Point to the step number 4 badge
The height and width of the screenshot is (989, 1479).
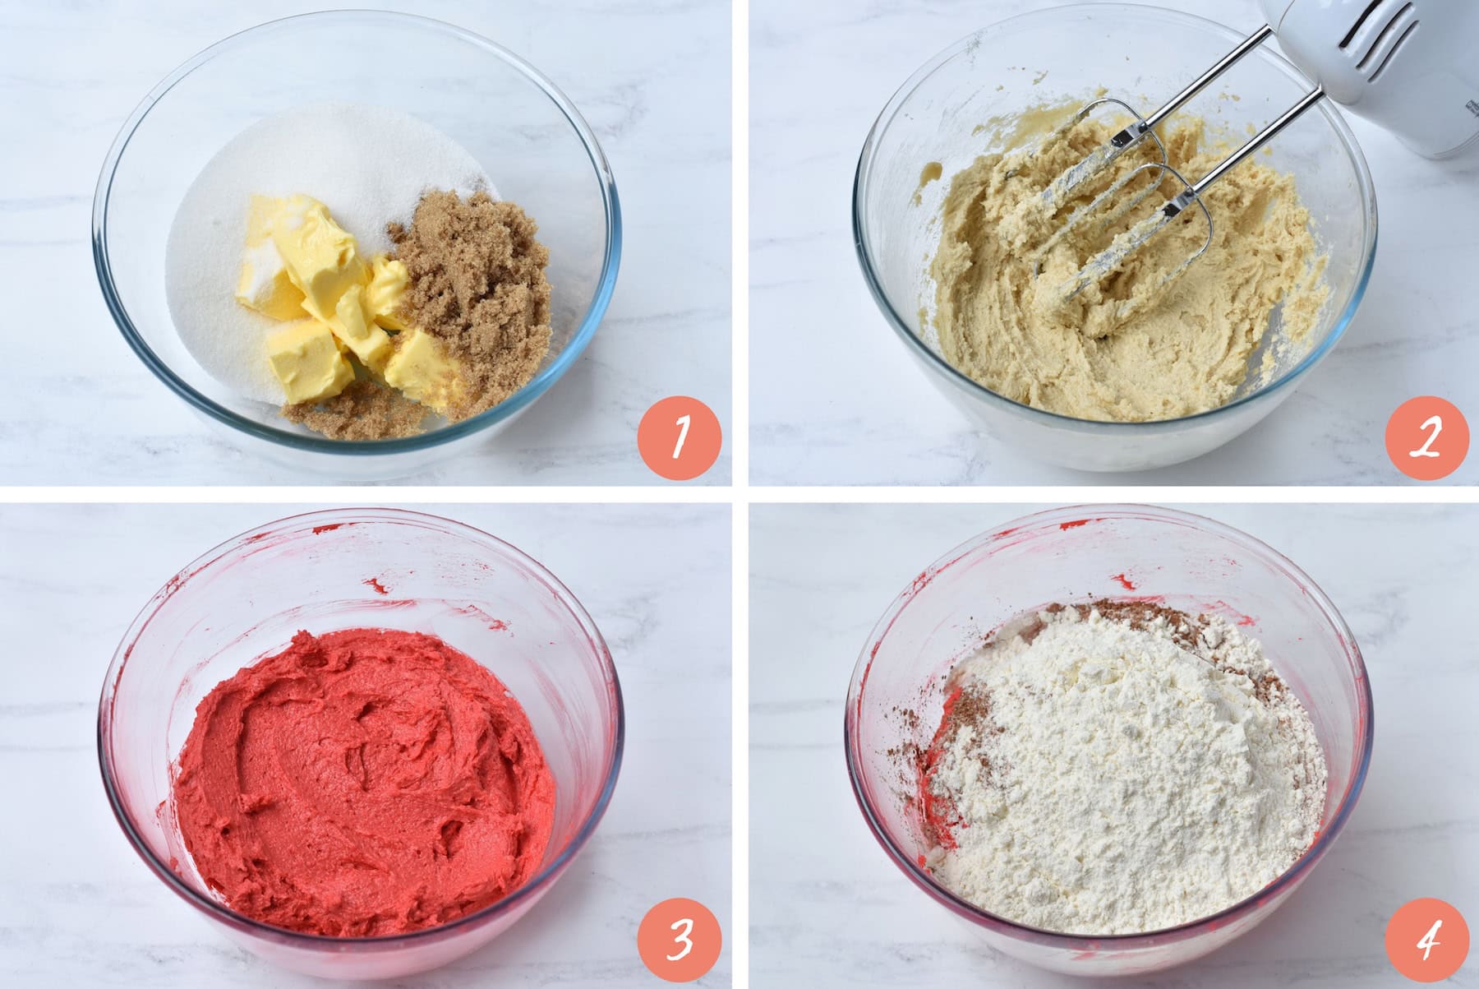[1426, 939]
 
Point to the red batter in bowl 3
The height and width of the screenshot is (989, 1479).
[362, 781]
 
